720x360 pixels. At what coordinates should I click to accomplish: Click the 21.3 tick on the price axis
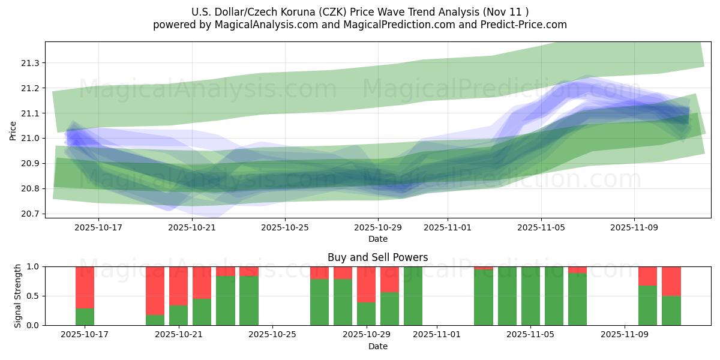pyautogui.click(x=31, y=63)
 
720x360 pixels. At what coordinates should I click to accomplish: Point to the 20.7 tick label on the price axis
pyautogui.click(x=31, y=214)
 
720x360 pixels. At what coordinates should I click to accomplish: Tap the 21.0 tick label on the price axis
pyautogui.click(x=31, y=138)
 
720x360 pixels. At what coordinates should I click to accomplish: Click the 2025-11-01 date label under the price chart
pyautogui.click(x=448, y=228)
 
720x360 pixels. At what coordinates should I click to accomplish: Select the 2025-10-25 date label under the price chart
pyautogui.click(x=285, y=228)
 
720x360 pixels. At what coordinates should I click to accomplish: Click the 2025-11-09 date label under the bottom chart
pyautogui.click(x=625, y=335)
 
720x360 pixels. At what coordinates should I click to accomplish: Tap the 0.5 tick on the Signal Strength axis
pyautogui.click(x=34, y=296)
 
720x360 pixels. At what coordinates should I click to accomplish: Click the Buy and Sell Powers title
pyautogui.click(x=377, y=257)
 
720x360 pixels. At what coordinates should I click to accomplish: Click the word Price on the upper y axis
pyautogui.click(x=13, y=130)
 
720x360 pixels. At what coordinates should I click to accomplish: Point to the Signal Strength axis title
pyautogui.click(x=18, y=296)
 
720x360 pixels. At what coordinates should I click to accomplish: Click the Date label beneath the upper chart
pyautogui.click(x=377, y=239)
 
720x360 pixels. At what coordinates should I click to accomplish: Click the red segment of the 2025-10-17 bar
pyautogui.click(x=85, y=287)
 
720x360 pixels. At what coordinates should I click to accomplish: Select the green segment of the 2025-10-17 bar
pyautogui.click(x=85, y=317)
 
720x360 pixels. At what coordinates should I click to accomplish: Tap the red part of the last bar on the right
pyautogui.click(x=671, y=281)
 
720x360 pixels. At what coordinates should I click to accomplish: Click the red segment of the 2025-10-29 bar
pyautogui.click(x=366, y=284)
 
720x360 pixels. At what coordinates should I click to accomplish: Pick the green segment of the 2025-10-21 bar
pyautogui.click(x=179, y=315)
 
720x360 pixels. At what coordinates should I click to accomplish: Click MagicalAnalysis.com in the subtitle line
pyautogui.click(x=262, y=25)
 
